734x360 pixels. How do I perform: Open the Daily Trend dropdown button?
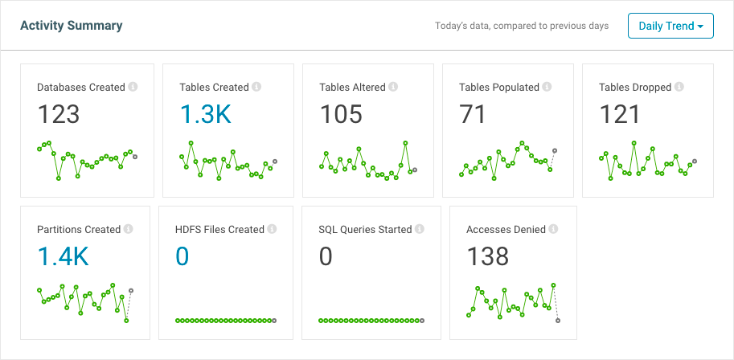point(670,26)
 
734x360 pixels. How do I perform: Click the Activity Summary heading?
point(71,26)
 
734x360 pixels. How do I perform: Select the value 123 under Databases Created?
point(59,115)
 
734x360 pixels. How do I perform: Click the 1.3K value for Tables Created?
point(205,115)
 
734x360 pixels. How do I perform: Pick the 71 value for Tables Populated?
point(473,115)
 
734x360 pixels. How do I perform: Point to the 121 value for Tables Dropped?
point(619,115)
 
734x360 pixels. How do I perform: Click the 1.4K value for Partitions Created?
point(63,256)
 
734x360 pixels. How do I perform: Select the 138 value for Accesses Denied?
point(488,256)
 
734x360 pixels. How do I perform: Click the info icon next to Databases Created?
point(133,87)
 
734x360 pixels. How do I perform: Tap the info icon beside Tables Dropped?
point(679,87)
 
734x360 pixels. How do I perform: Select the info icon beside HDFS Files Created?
point(272,229)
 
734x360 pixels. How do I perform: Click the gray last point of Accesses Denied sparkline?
point(558,321)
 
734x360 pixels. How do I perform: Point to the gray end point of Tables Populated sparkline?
point(555,151)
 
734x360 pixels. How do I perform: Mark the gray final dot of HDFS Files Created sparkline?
point(275,321)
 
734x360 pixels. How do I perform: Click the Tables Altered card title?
point(352,87)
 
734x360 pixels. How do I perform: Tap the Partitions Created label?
point(79,229)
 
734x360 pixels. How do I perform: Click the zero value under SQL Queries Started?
point(326,256)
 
